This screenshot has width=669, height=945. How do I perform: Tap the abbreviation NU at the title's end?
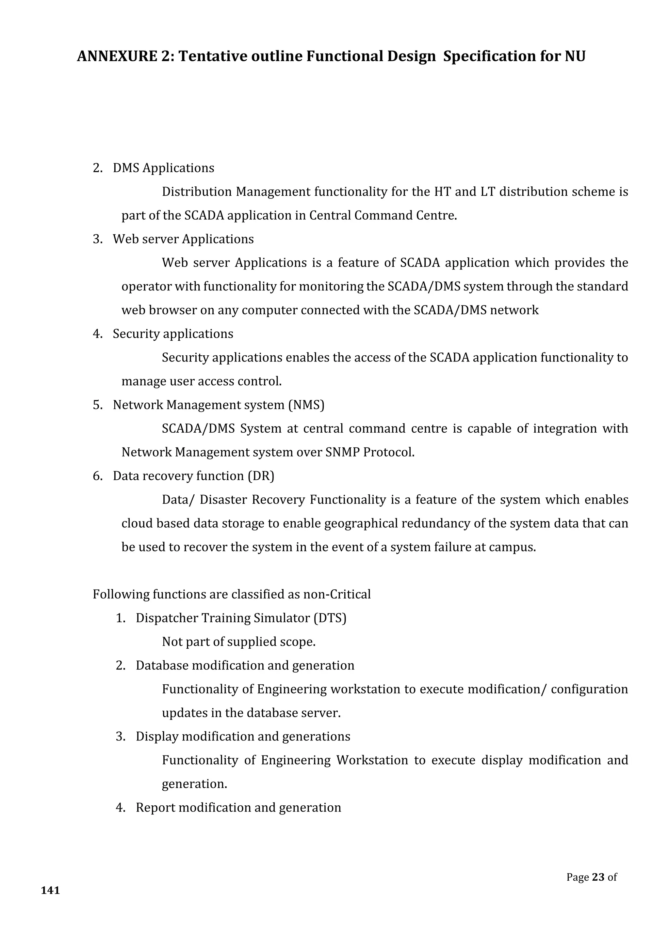tap(575, 56)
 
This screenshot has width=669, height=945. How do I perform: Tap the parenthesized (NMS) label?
tap(306, 405)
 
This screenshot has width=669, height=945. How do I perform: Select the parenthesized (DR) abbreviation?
tap(261, 476)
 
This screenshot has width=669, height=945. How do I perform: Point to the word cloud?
tap(136, 523)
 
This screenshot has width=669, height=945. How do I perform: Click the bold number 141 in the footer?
tap(50, 890)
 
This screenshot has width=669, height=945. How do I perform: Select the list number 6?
tap(97, 476)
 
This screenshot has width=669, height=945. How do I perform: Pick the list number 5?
tap(97, 405)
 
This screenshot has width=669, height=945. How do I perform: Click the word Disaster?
tap(223, 500)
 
